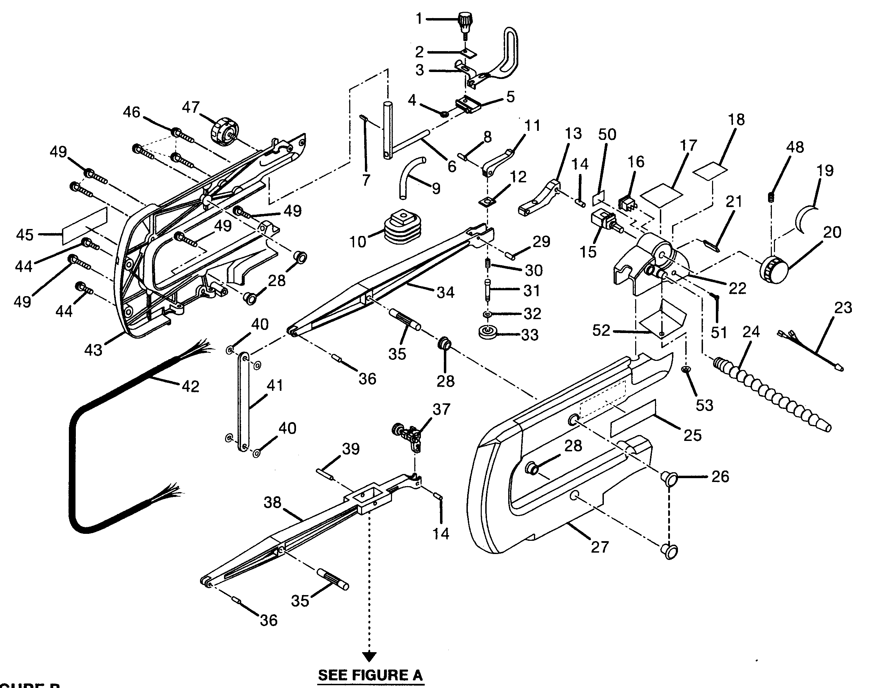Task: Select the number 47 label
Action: point(191,107)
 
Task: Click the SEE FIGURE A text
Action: point(370,675)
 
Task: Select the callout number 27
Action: point(600,547)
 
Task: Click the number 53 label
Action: point(704,405)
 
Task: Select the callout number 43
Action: point(93,350)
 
